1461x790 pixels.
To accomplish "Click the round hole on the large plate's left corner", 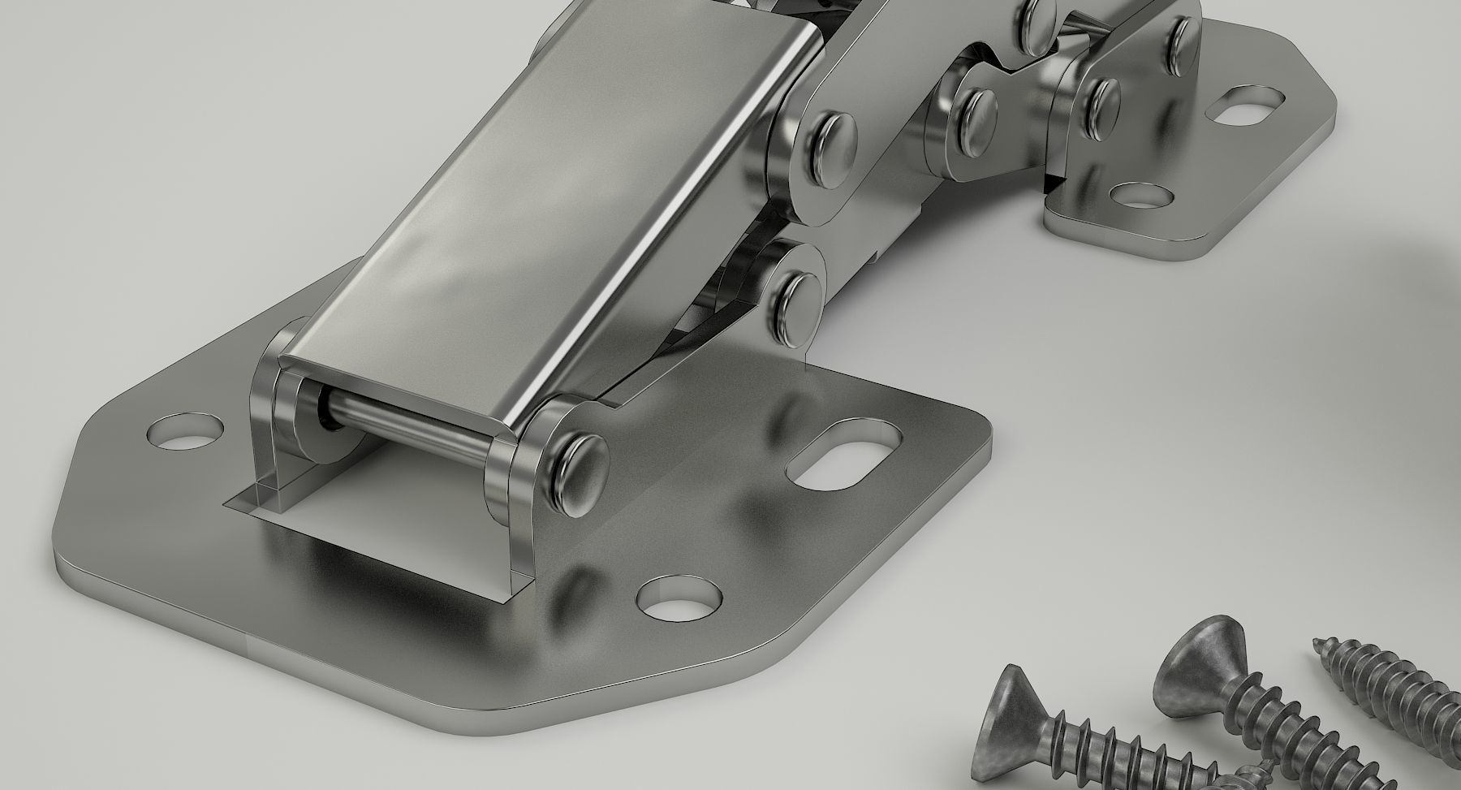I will coord(187,430).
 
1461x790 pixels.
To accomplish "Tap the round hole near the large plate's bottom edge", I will coord(679,598).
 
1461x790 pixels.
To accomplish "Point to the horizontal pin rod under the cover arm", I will coord(406,417).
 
